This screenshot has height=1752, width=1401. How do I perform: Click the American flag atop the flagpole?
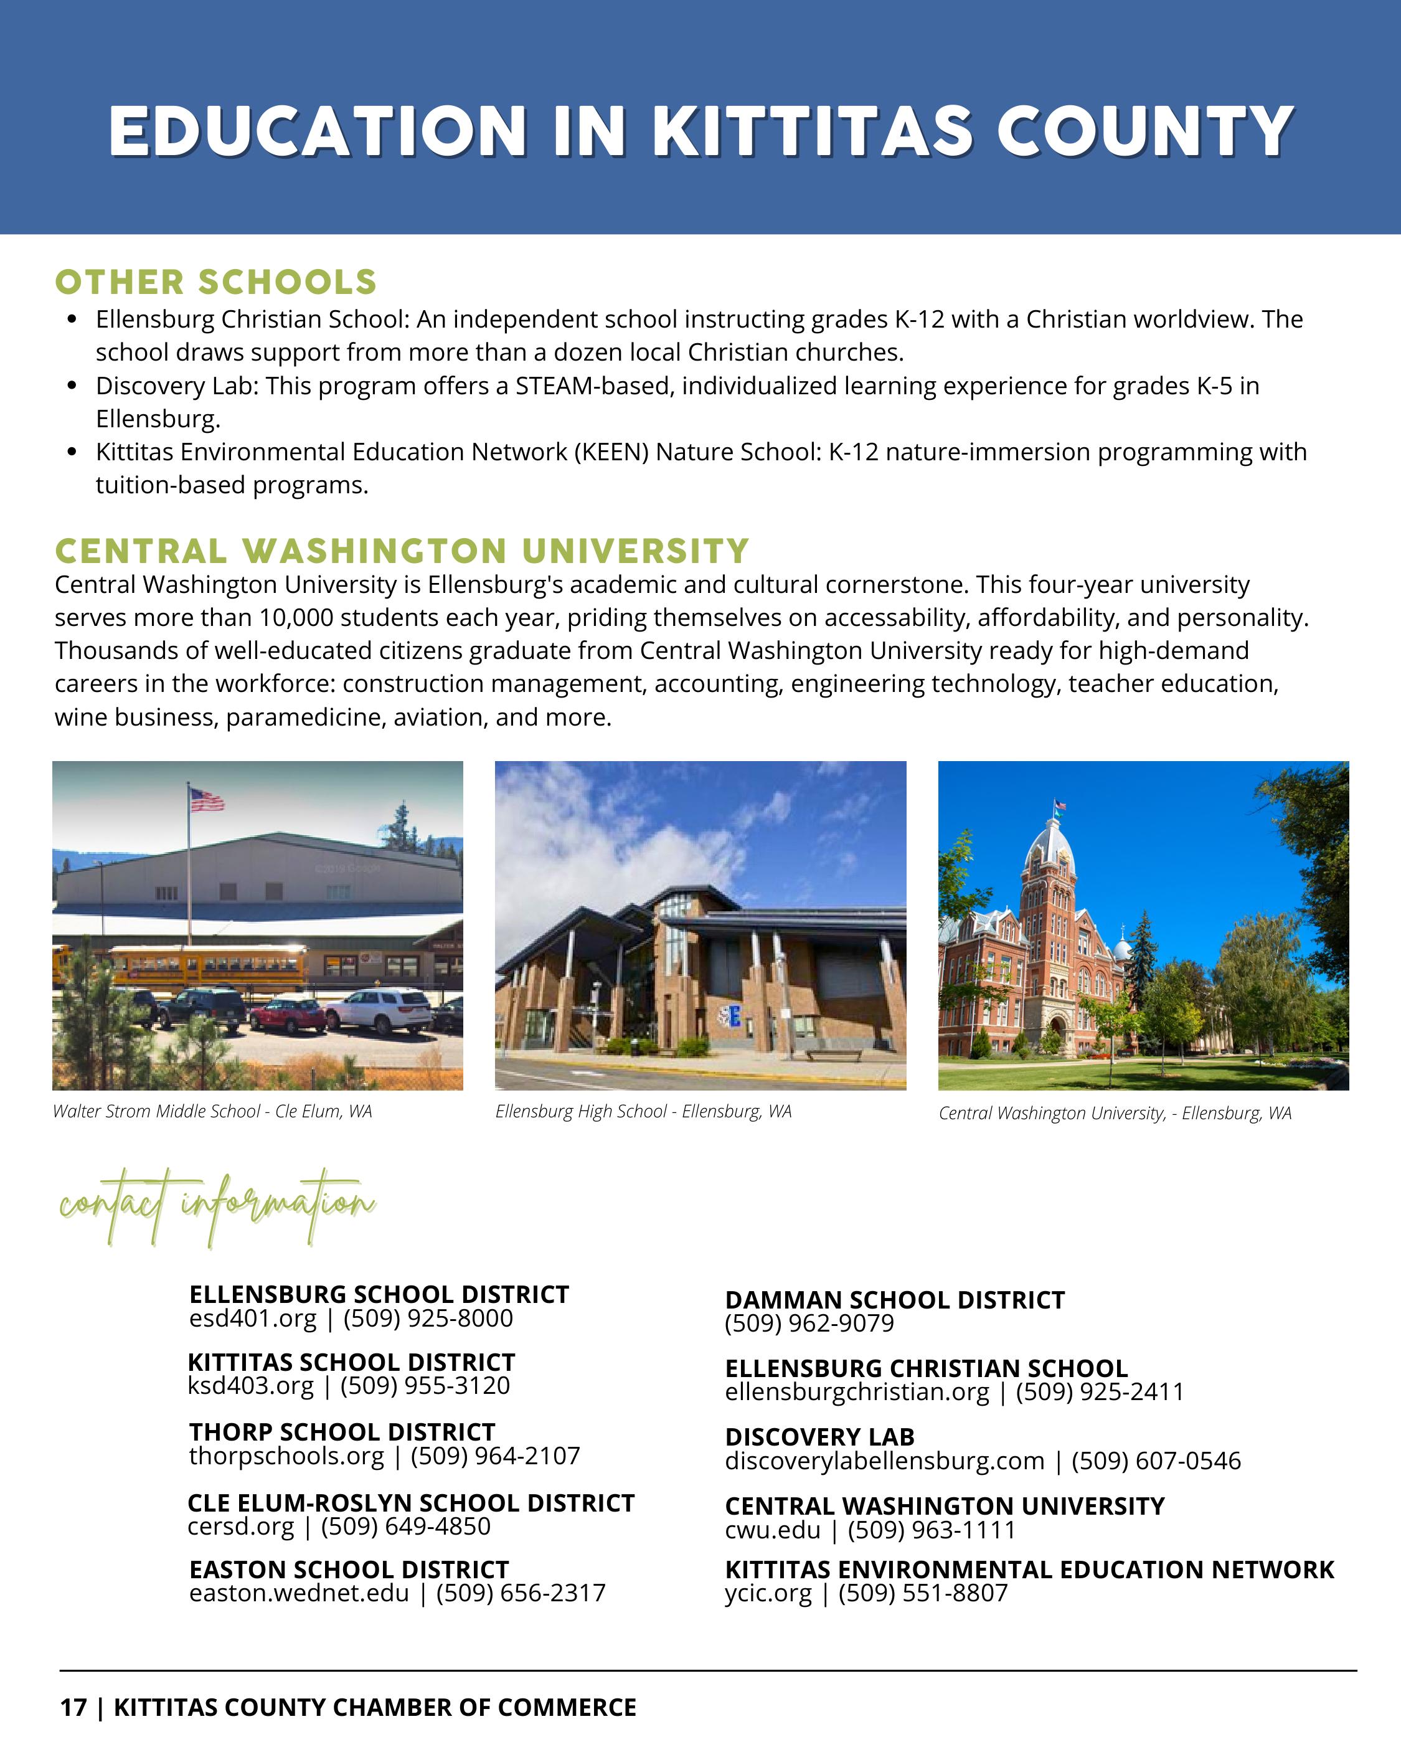click(206, 800)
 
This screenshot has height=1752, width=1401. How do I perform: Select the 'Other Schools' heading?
click(215, 282)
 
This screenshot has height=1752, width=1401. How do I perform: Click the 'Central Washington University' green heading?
click(402, 551)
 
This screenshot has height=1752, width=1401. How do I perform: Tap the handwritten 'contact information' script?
click(217, 1207)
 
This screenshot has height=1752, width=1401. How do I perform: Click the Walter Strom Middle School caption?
click(212, 1111)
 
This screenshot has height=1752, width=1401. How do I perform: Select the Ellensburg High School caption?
click(643, 1111)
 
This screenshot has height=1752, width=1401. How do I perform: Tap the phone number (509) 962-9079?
click(809, 1323)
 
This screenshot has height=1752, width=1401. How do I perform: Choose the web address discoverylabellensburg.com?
click(884, 1461)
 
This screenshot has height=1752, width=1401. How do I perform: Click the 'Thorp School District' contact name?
click(342, 1432)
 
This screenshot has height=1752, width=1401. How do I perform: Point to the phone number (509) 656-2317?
click(521, 1593)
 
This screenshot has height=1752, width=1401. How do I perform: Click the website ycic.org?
click(768, 1593)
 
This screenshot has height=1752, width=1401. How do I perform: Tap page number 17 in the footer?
click(72, 1707)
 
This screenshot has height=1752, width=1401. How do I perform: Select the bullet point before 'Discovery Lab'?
click(73, 386)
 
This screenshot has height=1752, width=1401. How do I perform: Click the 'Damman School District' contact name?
click(895, 1300)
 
